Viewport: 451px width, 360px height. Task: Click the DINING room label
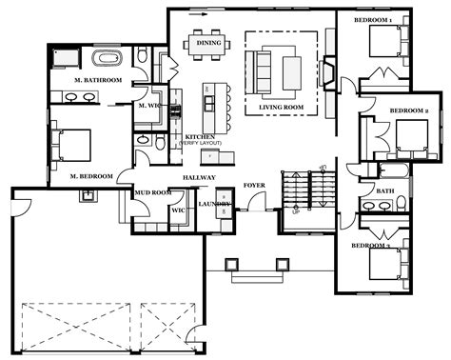(x=207, y=43)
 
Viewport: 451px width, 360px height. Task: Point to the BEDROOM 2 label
(x=405, y=111)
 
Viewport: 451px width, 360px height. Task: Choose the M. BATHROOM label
(x=95, y=81)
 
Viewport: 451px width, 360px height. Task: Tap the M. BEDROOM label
(x=92, y=176)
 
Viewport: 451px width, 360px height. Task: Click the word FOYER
(x=254, y=186)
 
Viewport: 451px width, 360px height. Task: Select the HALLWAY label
(x=201, y=178)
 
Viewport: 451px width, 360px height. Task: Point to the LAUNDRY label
(x=214, y=204)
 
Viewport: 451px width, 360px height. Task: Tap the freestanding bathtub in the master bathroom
(x=66, y=58)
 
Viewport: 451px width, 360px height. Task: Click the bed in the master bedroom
(x=71, y=146)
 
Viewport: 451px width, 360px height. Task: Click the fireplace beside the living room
(x=327, y=72)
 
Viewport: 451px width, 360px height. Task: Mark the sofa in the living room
(x=263, y=69)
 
